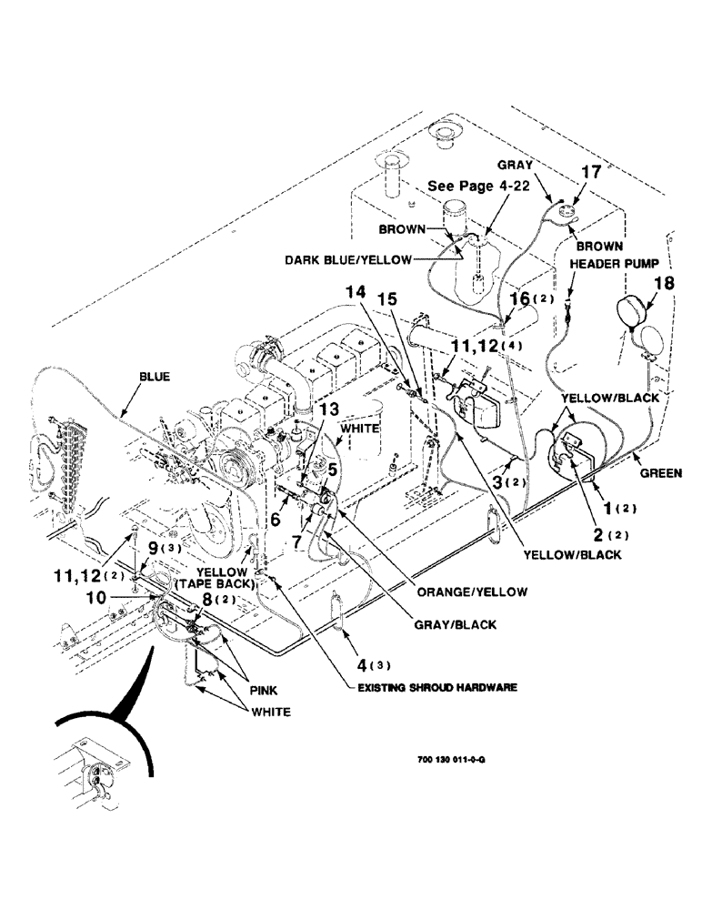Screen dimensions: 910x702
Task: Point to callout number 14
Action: [357, 295]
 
